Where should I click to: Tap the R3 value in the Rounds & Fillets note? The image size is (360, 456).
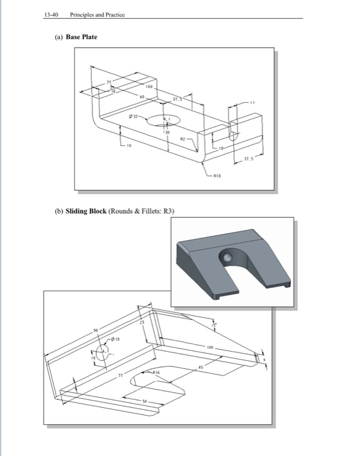(171, 211)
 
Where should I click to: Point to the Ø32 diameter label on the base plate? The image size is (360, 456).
(133, 115)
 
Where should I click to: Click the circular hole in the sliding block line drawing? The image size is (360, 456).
(104, 358)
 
